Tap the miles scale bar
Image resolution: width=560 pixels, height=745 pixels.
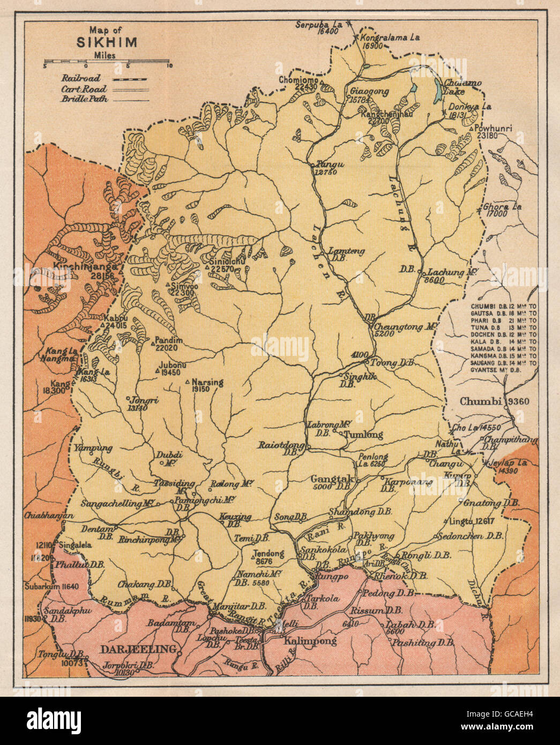107,65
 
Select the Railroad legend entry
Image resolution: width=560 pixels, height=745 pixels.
81,79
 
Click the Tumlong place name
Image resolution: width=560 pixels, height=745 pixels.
363,434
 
